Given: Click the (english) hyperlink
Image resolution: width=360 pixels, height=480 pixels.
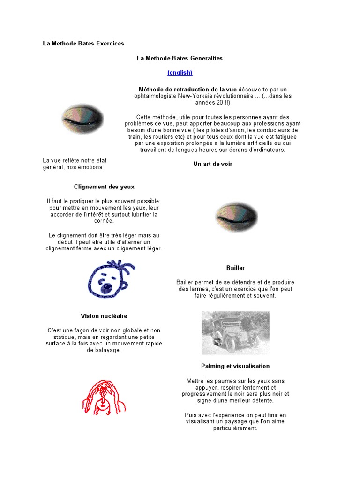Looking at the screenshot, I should (x=180, y=73).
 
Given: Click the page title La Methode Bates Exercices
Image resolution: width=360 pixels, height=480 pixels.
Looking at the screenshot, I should (x=83, y=44).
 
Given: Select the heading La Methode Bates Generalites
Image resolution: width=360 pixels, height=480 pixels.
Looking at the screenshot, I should (x=180, y=58).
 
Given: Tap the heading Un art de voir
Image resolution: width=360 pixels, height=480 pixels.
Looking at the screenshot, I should (x=213, y=164).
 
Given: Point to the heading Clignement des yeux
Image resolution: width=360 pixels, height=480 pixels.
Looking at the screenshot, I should (x=104, y=187).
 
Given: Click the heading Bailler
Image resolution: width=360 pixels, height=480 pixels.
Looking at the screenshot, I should (x=235, y=268).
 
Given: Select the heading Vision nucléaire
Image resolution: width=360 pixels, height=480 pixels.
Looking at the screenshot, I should (x=104, y=316).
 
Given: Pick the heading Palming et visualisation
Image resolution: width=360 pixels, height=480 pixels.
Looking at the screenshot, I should (x=235, y=366).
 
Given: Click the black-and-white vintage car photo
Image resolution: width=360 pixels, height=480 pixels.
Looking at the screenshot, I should (x=235, y=332).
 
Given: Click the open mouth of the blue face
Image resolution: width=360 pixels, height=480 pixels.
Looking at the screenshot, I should (x=107, y=287).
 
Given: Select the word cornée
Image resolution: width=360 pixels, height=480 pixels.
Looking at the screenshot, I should (x=104, y=221).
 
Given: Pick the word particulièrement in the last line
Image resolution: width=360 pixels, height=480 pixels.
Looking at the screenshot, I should (x=235, y=428).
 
